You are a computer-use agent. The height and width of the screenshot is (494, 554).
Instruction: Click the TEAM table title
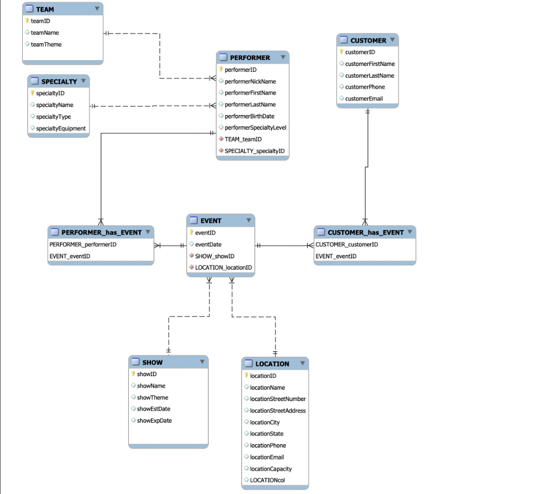click(45, 9)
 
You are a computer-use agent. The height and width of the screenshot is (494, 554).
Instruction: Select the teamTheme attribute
click(46, 44)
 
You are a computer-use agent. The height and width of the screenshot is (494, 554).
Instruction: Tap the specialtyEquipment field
click(61, 128)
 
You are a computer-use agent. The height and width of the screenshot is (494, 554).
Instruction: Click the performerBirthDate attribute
click(249, 116)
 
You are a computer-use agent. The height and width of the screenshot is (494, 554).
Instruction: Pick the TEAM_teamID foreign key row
click(243, 139)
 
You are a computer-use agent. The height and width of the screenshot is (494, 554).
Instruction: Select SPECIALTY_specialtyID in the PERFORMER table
click(254, 151)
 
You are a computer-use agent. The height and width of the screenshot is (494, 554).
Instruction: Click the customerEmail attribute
click(364, 98)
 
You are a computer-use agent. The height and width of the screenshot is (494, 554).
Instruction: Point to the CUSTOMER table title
click(368, 41)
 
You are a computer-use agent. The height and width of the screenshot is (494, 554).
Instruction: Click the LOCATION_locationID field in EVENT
click(223, 268)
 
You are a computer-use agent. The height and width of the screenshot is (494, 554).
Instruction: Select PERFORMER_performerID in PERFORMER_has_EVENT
click(83, 244)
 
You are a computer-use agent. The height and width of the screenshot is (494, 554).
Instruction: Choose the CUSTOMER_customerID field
click(347, 244)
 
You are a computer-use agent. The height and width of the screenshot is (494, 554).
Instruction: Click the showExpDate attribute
click(154, 420)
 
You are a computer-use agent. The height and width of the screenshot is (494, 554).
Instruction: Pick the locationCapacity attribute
click(271, 469)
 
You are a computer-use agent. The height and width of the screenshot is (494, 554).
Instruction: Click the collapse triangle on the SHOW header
click(202, 362)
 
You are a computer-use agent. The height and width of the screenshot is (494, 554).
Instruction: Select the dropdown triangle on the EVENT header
click(248, 221)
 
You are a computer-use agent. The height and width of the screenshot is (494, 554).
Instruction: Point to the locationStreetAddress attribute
click(278, 411)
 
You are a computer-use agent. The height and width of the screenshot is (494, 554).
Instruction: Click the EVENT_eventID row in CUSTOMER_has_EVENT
click(336, 256)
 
